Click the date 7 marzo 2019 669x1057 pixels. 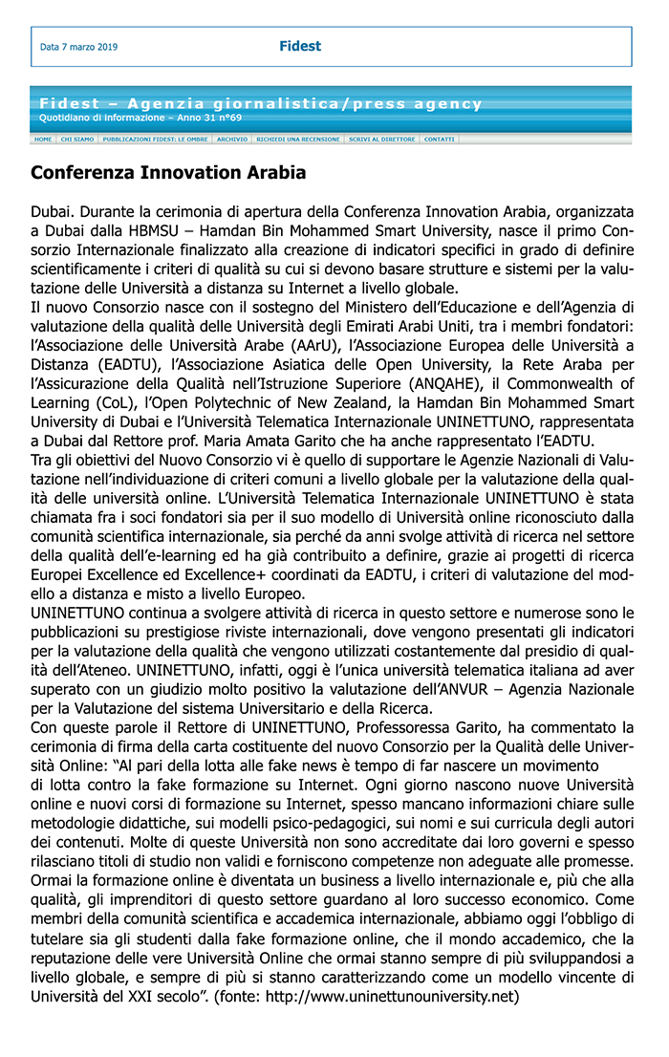[x=79, y=47]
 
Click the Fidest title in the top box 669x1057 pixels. [x=300, y=46]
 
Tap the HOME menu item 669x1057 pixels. [x=43, y=140]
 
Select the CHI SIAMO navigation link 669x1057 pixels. [x=77, y=140]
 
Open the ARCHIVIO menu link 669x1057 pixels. [x=232, y=140]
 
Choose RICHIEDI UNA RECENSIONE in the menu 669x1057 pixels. [x=297, y=140]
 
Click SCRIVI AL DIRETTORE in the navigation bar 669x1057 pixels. [x=382, y=140]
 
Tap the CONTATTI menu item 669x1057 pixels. [x=440, y=140]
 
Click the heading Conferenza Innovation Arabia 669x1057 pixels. [x=168, y=173]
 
